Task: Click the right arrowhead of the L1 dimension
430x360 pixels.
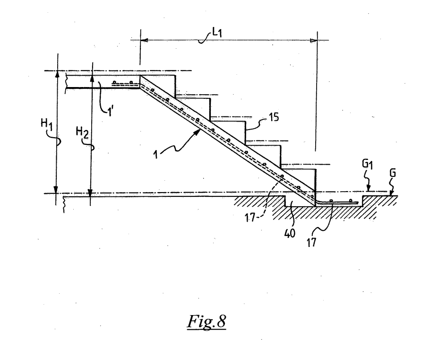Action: coord(313,41)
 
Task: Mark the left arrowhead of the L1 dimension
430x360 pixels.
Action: coord(144,41)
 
